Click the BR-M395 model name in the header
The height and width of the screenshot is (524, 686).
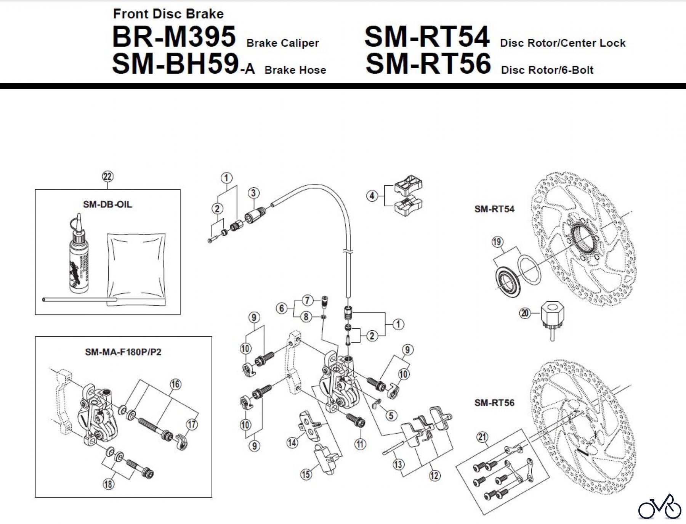(174, 37)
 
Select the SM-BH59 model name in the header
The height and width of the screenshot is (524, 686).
(175, 64)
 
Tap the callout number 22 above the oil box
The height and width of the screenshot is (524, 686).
(108, 177)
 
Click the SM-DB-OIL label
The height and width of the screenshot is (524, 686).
(107, 204)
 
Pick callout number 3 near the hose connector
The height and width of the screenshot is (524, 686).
(253, 193)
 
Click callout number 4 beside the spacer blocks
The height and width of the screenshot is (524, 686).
(372, 196)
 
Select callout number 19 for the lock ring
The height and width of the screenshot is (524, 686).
(497, 242)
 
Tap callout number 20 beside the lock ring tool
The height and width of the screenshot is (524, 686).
(525, 313)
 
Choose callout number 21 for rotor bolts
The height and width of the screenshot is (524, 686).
(482, 437)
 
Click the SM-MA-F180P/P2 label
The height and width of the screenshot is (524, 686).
(123, 352)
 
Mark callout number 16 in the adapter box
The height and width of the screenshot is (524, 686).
(175, 384)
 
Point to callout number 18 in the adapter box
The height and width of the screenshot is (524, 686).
(109, 484)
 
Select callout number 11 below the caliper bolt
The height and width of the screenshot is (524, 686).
(360, 444)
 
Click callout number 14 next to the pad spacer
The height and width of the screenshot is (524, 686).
(292, 442)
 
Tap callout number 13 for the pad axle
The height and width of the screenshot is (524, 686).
(398, 464)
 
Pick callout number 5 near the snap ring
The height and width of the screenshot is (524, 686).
(391, 415)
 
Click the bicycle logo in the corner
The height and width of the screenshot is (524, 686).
(660, 507)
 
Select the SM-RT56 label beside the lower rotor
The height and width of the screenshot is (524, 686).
(494, 403)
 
